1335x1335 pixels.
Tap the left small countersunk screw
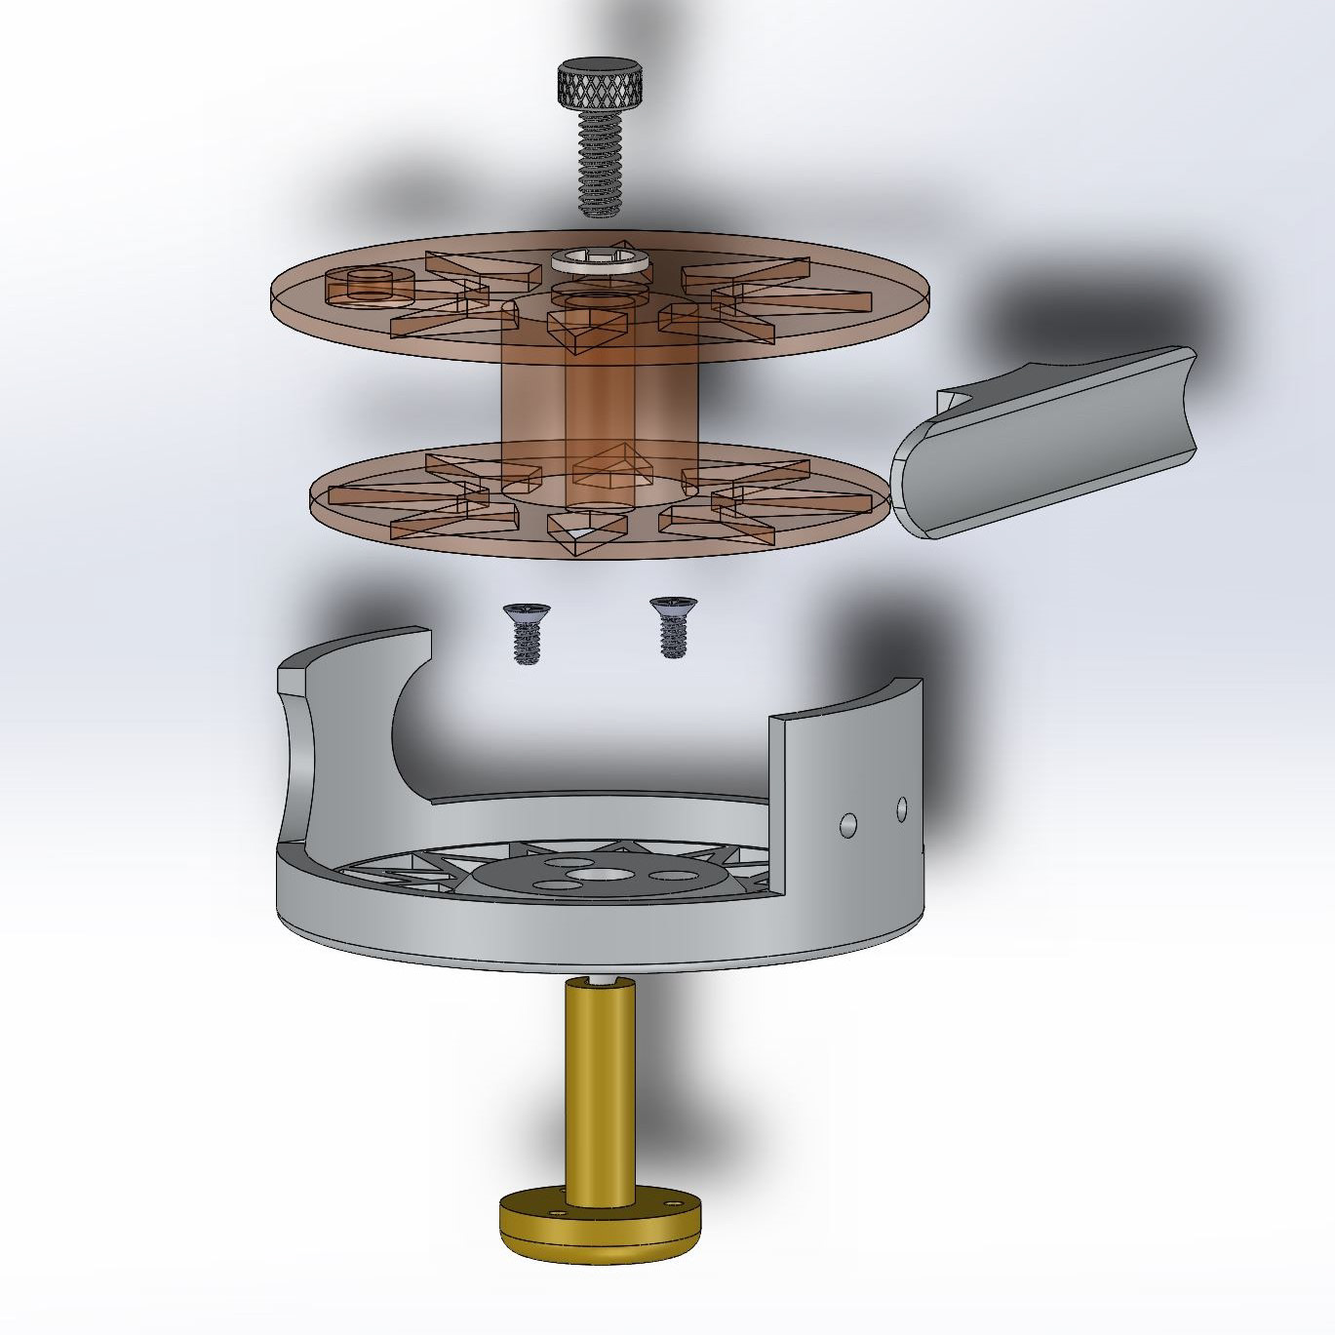point(523,633)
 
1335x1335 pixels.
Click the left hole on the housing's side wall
point(848,825)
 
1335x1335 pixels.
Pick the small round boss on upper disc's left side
point(370,284)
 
